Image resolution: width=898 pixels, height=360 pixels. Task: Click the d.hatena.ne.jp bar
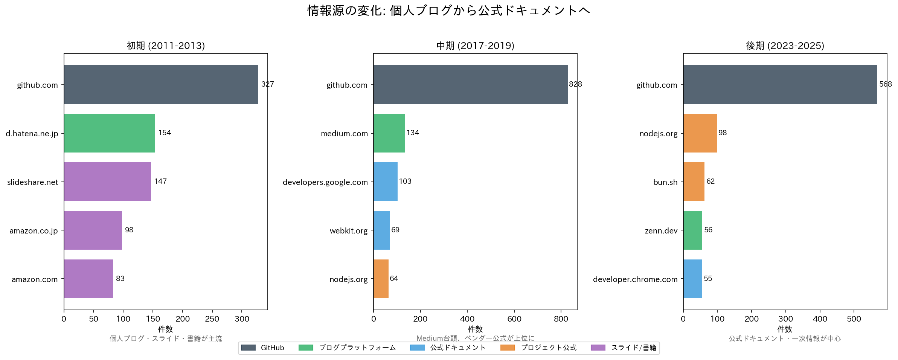[109, 133]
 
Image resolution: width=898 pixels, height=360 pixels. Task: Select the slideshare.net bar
[107, 182]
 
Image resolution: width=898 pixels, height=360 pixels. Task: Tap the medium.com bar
[389, 133]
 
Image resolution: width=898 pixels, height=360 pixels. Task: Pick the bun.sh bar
[694, 182]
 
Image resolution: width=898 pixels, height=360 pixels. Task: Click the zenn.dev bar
[692, 230]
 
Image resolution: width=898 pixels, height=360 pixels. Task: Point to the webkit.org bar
[381, 230]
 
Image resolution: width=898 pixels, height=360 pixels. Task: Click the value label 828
[575, 84]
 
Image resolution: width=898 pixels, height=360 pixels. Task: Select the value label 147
[160, 182]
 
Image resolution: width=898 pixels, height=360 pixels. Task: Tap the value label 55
[708, 279]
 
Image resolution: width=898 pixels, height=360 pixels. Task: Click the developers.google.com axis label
[325, 182]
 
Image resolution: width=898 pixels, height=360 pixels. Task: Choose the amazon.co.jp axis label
[34, 231]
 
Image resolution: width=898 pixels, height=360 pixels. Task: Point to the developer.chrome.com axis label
[635, 279]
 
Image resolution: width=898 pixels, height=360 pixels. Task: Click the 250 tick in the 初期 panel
[212, 319]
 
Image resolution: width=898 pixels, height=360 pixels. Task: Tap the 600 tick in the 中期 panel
[514, 319]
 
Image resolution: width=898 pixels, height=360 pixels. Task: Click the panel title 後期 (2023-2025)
[785, 46]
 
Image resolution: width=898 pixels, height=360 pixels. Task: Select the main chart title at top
[448, 11]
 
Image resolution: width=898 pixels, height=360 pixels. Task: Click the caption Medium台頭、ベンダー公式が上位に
[475, 339]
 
